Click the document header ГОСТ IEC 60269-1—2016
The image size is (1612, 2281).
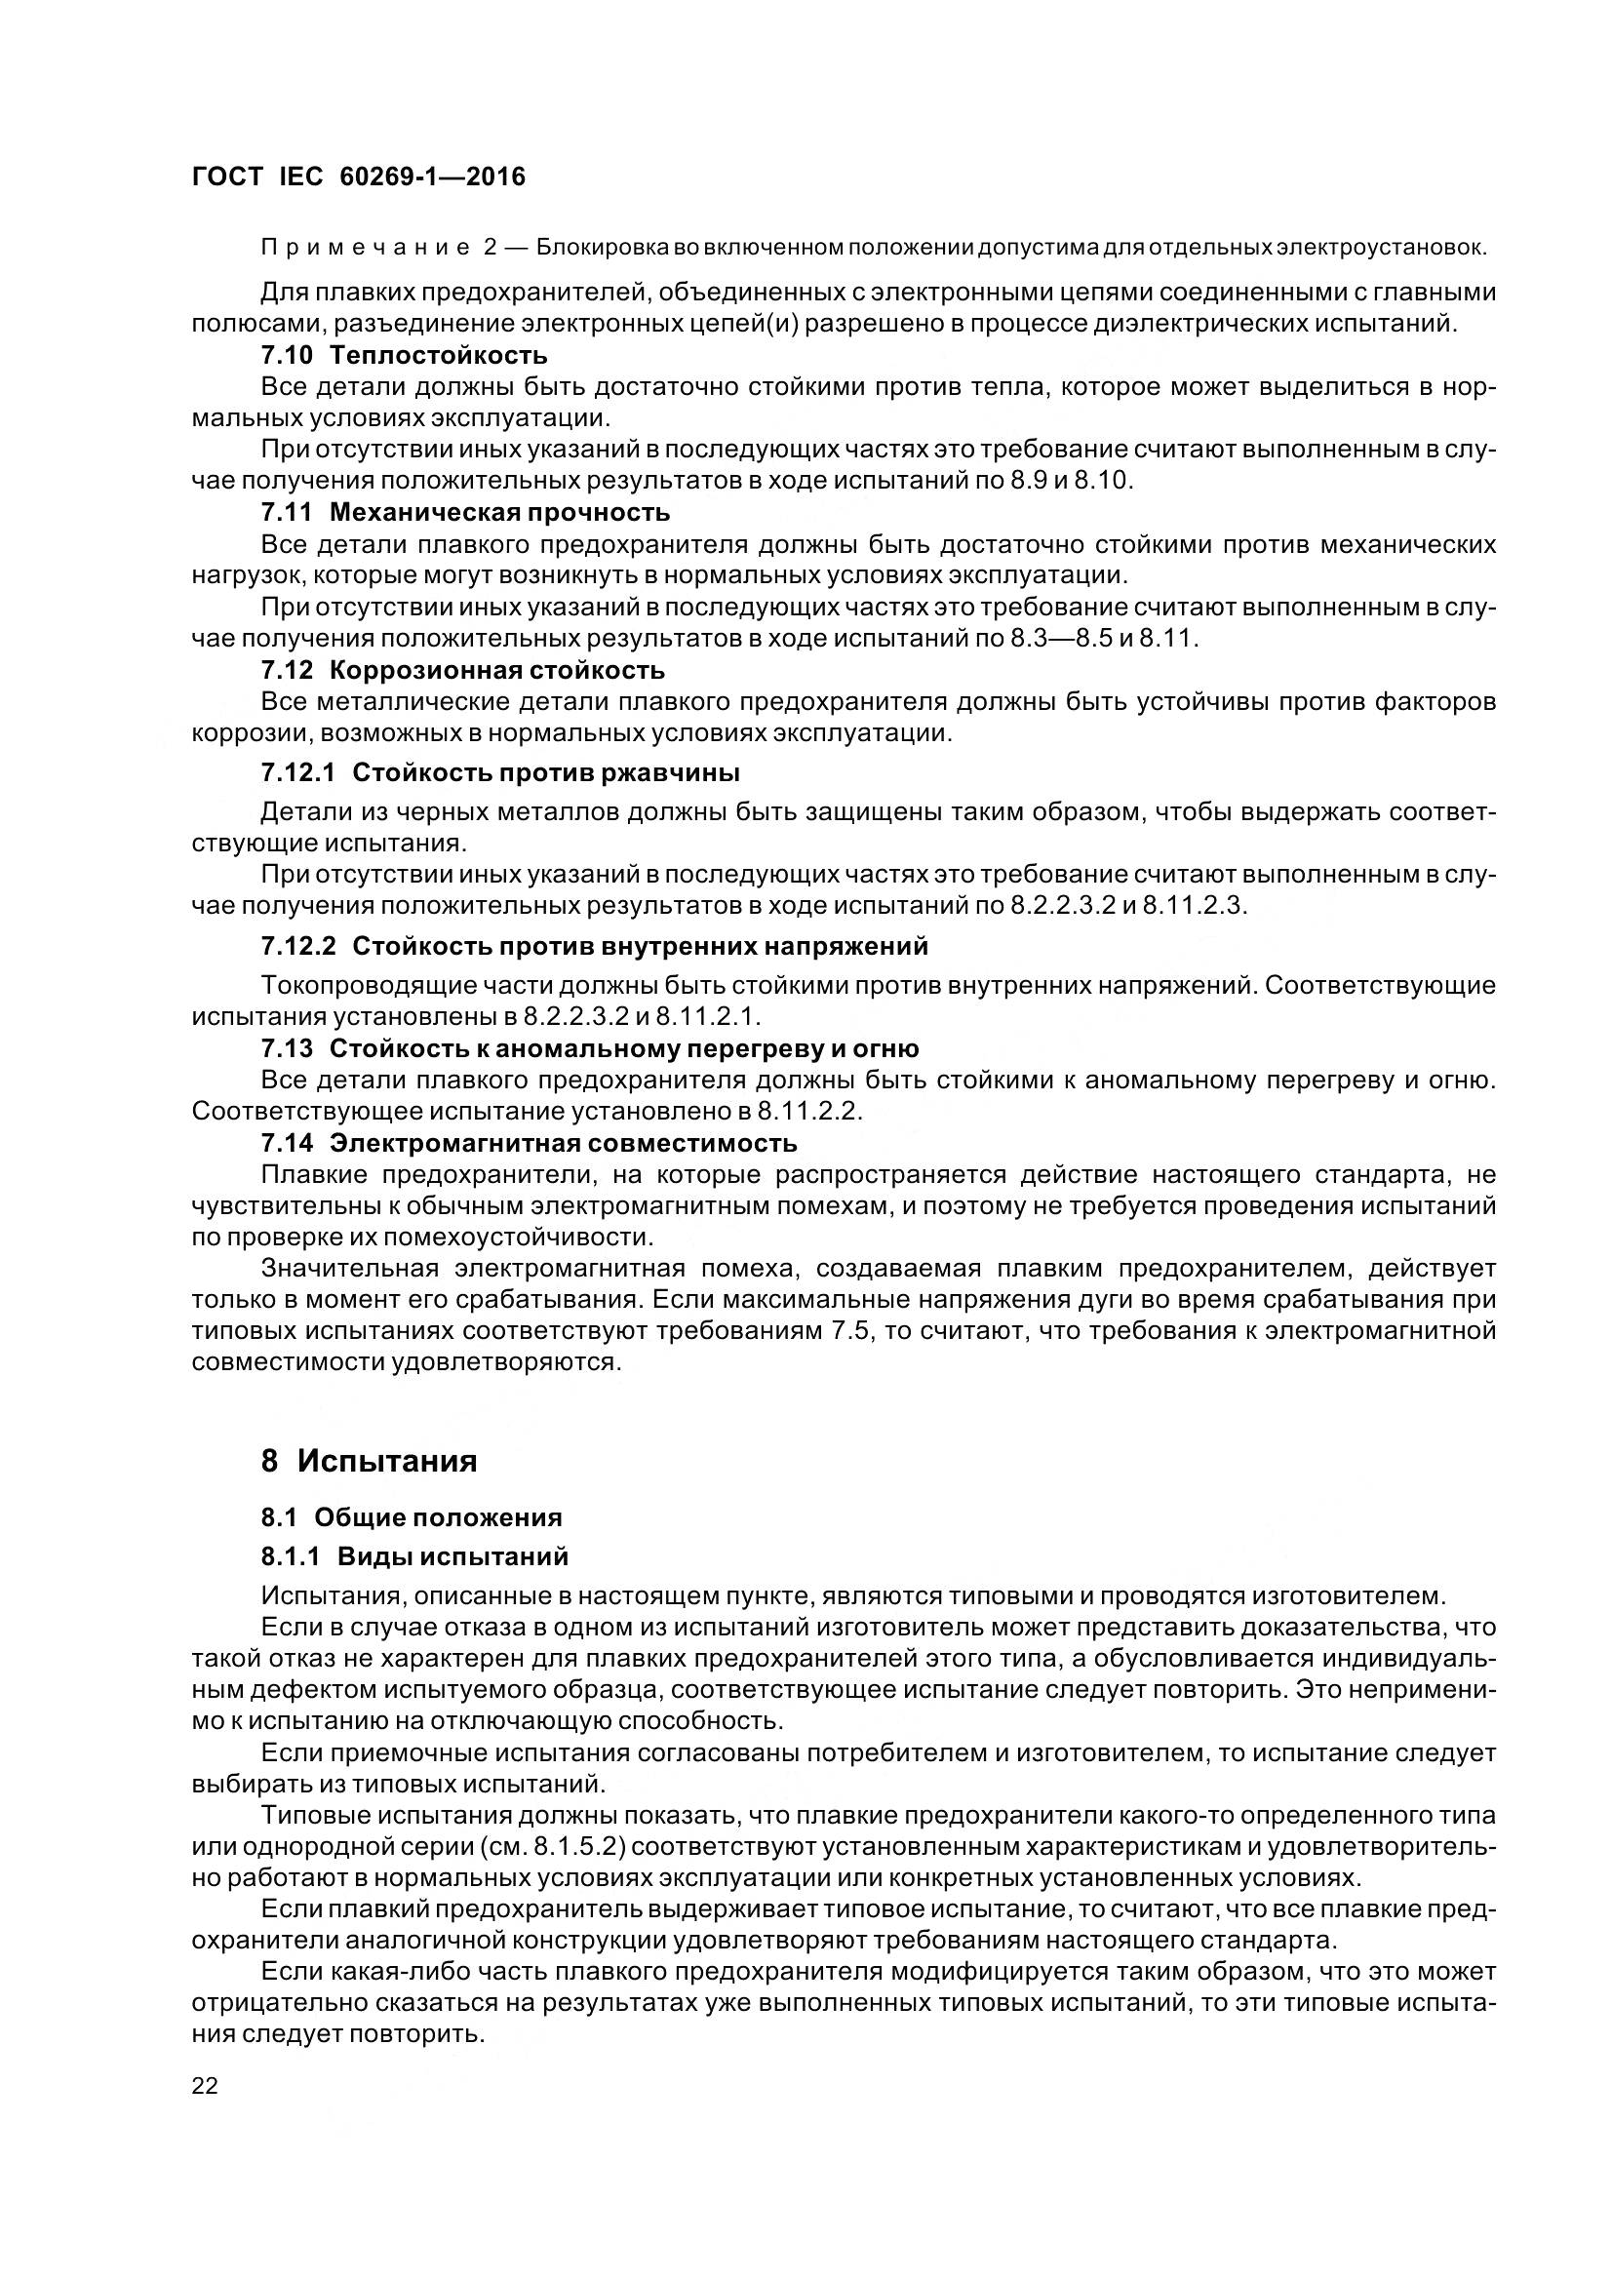click(359, 177)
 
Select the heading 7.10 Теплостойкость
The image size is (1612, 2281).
click(404, 355)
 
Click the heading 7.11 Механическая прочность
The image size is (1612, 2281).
click(465, 513)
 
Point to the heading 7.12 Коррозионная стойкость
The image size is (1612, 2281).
click(463, 671)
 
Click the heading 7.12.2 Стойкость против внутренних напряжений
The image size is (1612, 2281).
click(594, 946)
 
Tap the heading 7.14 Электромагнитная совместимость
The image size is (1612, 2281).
click(529, 1143)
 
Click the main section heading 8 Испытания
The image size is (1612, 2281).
click(369, 1461)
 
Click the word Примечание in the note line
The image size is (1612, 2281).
click(365, 248)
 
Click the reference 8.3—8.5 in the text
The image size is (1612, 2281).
click(1062, 639)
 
